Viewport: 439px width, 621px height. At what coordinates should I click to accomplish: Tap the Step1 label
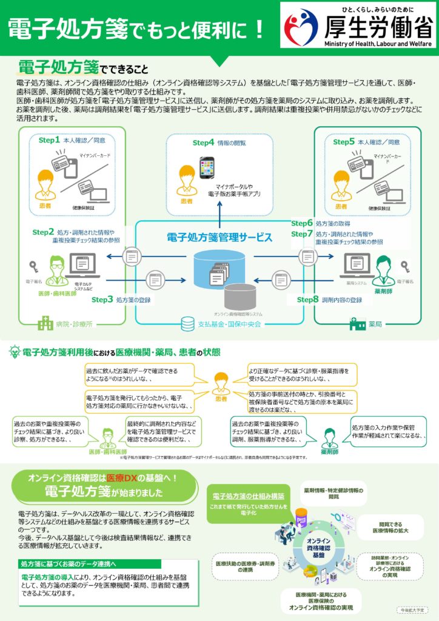tap(50, 140)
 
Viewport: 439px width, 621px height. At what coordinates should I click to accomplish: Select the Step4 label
tap(204, 143)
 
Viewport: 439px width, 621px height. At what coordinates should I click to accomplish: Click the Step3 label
tap(102, 299)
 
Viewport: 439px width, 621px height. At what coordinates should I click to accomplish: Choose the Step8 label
tap(307, 299)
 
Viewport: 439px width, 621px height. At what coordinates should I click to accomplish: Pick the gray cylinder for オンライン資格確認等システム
tap(238, 297)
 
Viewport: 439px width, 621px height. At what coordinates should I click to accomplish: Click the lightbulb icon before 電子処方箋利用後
tap(13, 353)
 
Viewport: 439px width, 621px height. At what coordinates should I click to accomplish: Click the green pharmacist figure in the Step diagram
tap(384, 270)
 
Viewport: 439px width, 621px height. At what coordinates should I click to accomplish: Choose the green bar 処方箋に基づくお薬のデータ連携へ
tap(79, 564)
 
